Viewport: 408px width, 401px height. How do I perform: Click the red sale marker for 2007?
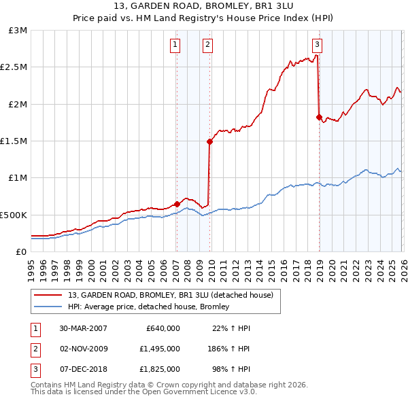177,204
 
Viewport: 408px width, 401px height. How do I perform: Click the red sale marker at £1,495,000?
209,141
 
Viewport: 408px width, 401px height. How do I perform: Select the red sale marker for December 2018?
319,117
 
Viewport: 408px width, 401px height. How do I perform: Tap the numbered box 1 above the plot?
175,46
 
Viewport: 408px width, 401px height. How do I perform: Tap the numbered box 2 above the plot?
207,46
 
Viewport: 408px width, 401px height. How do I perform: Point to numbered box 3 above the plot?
318,46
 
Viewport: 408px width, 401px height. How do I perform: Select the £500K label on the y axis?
14,215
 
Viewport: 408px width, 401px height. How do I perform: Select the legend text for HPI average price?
148,307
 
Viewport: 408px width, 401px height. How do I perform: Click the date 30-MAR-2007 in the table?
83,328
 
